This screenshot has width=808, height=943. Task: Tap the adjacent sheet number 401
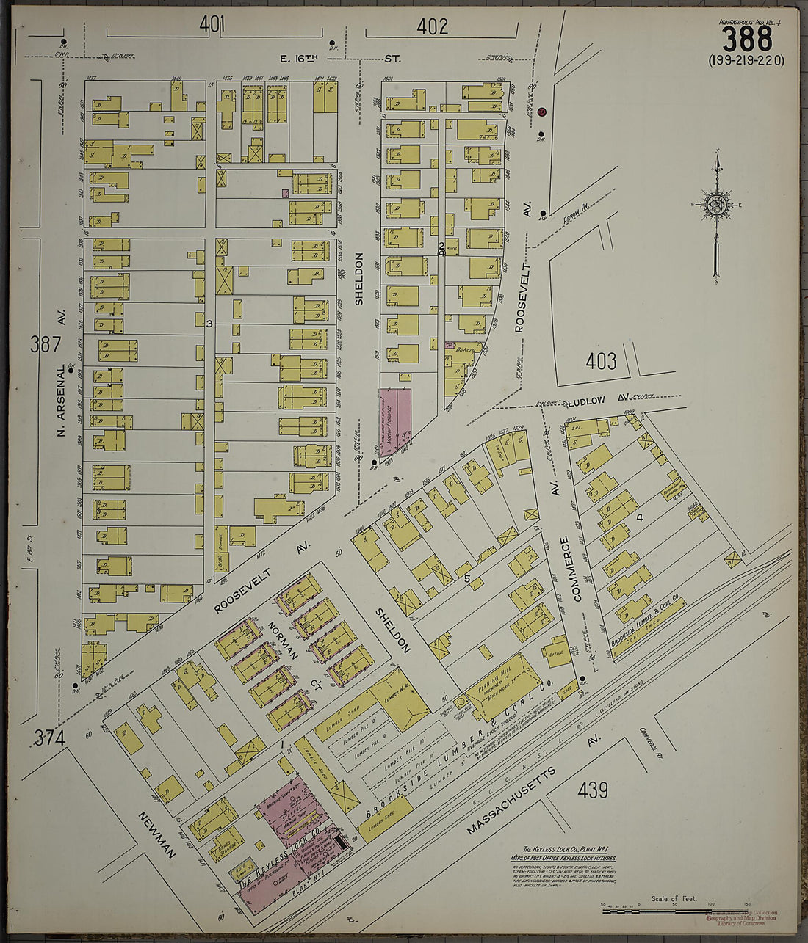212,26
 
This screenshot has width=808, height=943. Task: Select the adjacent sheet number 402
432,27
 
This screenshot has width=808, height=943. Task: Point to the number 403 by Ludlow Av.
601,361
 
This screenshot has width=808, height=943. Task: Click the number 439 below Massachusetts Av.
592,790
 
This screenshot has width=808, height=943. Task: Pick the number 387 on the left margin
46,343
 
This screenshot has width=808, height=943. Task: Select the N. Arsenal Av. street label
62,396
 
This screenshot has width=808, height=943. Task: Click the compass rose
715,205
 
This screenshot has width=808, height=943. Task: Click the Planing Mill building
503,679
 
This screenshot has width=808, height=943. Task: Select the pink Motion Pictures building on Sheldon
394,420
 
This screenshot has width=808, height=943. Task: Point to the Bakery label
466,349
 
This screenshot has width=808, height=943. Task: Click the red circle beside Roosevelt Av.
541,112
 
